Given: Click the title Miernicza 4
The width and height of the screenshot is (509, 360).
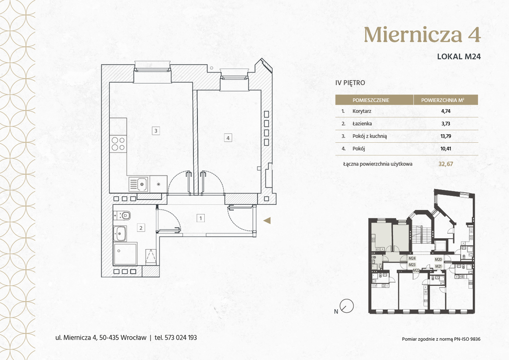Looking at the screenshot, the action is click(x=422, y=34).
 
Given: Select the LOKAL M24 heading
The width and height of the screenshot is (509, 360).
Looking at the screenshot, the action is click(x=459, y=56).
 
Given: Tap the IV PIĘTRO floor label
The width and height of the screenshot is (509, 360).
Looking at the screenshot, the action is click(x=350, y=83).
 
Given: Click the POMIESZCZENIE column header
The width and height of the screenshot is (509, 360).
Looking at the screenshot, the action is click(x=371, y=100).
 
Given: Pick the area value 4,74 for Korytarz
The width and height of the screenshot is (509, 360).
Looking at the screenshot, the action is click(x=446, y=111).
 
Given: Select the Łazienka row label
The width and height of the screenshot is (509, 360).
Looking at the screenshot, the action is click(x=362, y=123).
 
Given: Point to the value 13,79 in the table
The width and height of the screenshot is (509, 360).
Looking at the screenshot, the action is click(x=446, y=136).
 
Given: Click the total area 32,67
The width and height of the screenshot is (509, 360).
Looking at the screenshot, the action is click(x=446, y=164).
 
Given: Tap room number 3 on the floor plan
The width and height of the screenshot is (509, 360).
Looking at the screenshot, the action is click(x=156, y=131).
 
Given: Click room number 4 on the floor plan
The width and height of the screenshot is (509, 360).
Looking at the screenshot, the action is click(x=228, y=138).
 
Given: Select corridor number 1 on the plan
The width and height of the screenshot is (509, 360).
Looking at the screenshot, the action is click(x=201, y=218).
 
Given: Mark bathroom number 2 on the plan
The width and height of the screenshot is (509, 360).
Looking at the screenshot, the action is click(x=141, y=228).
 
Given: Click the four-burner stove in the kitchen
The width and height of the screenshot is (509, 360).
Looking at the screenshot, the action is click(x=118, y=144).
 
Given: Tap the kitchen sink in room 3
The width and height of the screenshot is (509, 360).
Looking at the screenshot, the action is click(x=139, y=184).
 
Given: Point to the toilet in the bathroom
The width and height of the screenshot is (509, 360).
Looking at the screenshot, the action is click(x=122, y=215).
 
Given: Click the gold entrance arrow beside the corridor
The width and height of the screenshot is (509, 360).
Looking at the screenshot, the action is click(x=267, y=221).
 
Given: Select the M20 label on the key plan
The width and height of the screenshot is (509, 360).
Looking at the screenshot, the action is click(x=438, y=260).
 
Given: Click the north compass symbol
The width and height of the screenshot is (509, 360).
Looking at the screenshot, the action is click(x=346, y=306).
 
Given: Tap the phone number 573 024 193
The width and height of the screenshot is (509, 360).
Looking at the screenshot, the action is click(x=181, y=338).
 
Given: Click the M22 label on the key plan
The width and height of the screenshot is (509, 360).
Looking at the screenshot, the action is click(x=416, y=270).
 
